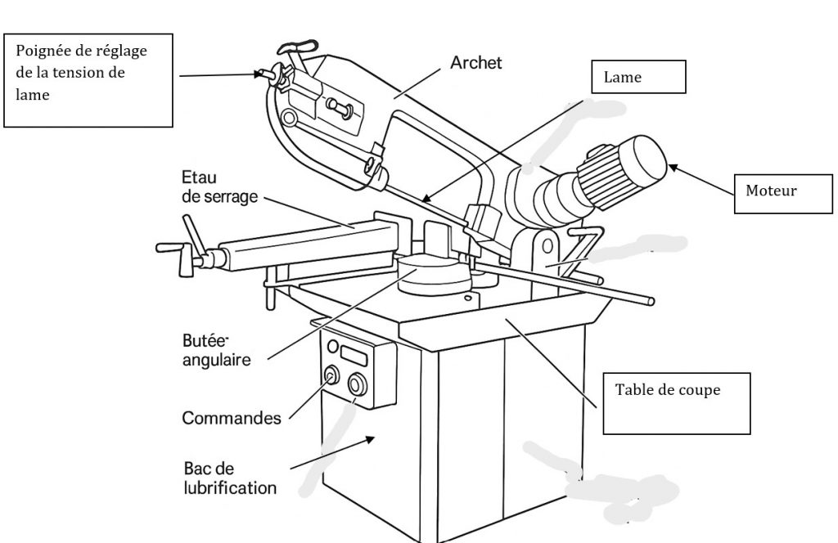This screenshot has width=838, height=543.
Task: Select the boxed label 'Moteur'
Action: point(771,191)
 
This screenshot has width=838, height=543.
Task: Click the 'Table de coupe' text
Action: point(668,390)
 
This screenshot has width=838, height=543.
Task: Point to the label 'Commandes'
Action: point(232,418)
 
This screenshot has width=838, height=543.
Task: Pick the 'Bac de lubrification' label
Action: point(229,478)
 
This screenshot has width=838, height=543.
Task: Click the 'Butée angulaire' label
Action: point(217,351)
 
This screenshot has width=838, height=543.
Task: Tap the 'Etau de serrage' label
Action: point(218,187)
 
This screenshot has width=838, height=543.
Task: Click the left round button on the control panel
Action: point(331,375)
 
